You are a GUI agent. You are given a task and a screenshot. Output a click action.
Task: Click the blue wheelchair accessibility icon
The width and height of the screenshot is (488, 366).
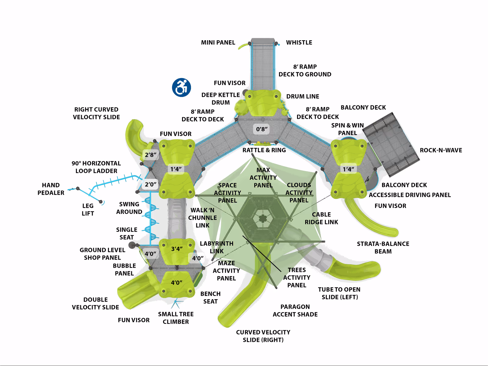pyautogui.click(x=181, y=87)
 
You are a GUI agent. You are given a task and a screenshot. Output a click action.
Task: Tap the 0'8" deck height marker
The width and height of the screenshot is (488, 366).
pyautogui.click(x=262, y=129)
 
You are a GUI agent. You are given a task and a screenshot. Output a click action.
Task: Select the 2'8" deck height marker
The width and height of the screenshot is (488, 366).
pyautogui.click(x=150, y=155)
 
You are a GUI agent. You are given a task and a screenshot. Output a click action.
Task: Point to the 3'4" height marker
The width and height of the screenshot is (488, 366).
pyautogui.click(x=177, y=249)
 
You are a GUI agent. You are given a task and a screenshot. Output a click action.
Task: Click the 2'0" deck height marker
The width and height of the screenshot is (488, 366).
pyautogui.click(x=150, y=184)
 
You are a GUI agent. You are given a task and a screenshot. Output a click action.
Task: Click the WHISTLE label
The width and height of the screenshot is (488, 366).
pyautogui.click(x=299, y=42)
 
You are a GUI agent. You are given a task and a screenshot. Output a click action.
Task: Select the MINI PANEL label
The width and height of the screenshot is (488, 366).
pyautogui.click(x=218, y=42)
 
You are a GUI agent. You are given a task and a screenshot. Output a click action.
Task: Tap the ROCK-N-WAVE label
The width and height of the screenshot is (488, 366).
pyautogui.click(x=441, y=150)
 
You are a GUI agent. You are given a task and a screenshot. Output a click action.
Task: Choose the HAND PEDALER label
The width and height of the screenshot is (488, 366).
pyautogui.click(x=51, y=189)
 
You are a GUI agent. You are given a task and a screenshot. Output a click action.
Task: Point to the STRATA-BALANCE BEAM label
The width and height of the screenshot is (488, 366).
pyautogui.click(x=383, y=248)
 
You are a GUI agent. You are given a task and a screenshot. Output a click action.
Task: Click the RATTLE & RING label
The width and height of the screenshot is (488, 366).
pyautogui.click(x=264, y=150)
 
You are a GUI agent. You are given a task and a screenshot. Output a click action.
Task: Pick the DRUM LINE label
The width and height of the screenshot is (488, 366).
pyautogui.click(x=303, y=96)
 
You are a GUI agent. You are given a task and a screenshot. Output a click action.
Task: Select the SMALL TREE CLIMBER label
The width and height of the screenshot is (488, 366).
pyautogui.click(x=176, y=318)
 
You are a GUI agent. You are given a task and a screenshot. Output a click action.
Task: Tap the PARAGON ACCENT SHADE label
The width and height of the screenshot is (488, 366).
pyautogui.click(x=295, y=311)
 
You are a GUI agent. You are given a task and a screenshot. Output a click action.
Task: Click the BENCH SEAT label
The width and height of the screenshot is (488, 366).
pyautogui.click(x=210, y=298)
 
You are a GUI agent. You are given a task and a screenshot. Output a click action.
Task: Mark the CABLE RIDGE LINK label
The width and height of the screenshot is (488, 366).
pyautogui.click(x=321, y=218)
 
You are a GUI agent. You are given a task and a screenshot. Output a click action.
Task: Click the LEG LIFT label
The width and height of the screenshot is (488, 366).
pyautogui.click(x=88, y=210)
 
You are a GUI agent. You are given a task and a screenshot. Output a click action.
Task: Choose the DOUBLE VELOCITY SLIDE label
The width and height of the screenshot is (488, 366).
pyautogui.click(x=95, y=303)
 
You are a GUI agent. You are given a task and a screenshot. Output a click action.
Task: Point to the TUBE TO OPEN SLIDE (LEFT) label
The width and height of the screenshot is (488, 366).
pyautogui.click(x=339, y=293)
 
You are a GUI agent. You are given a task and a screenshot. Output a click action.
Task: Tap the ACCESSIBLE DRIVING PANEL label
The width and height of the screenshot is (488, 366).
pyautogui.click(x=410, y=195)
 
